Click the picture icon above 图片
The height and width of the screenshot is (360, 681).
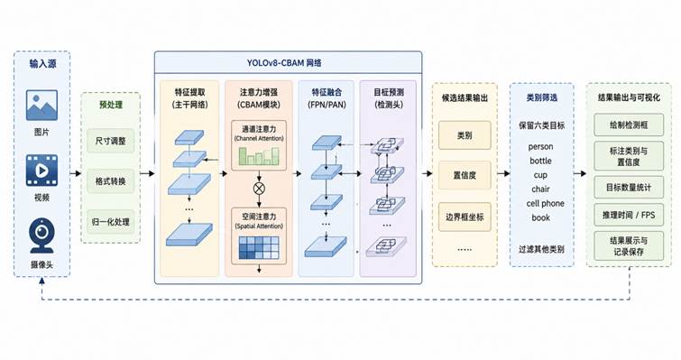tap(41, 105)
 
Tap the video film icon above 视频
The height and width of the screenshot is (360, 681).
tap(41, 171)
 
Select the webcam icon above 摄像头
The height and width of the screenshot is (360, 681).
tap(41, 235)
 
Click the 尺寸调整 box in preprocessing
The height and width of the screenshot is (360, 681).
tap(110, 141)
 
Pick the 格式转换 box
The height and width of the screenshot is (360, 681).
tap(110, 181)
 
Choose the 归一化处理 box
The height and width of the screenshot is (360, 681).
tap(110, 222)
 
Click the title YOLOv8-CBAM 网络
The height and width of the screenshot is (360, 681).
tap(284, 63)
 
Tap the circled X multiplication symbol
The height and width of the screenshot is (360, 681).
tap(259, 189)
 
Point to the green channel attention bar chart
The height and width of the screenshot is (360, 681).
tap(259, 156)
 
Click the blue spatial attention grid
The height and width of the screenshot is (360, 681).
tap(259, 248)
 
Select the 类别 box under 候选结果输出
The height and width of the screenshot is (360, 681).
tap(465, 135)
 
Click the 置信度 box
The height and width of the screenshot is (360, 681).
tap(465, 175)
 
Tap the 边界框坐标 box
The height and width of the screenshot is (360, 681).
tap(465, 217)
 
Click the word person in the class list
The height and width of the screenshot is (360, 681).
tap(540, 147)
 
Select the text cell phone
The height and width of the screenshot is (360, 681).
tap(545, 203)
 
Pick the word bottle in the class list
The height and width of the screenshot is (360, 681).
tap(540, 161)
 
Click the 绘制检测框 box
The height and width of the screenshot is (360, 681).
tap(629, 125)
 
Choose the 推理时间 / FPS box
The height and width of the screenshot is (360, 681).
tap(629, 215)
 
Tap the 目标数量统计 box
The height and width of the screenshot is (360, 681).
tap(629, 188)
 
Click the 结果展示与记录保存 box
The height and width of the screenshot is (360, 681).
tap(629, 246)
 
